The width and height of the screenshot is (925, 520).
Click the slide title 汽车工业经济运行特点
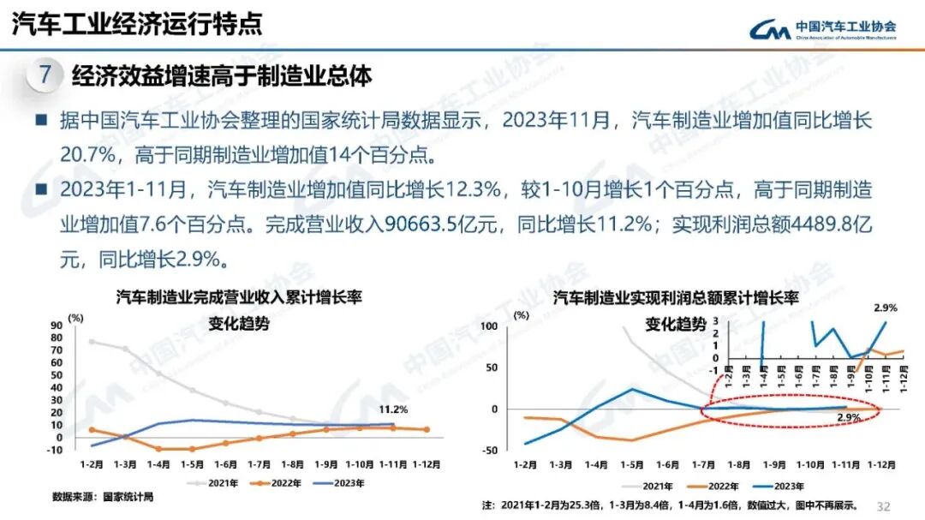pyautogui.click(x=137, y=23)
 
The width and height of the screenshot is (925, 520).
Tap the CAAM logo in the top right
pyautogui.click(x=822, y=30)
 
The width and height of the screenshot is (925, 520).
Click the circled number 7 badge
pyautogui.click(x=45, y=75)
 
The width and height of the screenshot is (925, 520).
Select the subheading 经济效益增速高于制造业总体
pyautogui.click(x=222, y=76)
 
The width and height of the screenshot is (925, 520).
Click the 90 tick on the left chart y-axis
pyautogui.click(x=57, y=325)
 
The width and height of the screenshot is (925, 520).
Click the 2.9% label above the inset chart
pyautogui.click(x=885, y=308)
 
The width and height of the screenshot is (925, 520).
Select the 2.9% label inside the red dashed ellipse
pyautogui.click(x=848, y=417)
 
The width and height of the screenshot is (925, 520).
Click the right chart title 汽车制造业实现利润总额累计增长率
pyautogui.click(x=676, y=298)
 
